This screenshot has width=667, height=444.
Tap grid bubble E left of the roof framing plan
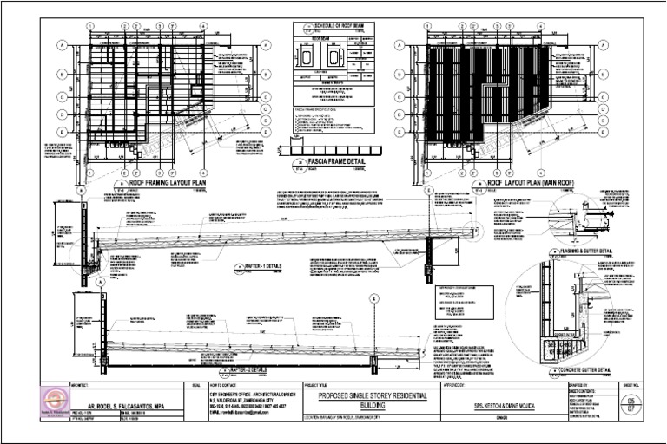click(x=63, y=131)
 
